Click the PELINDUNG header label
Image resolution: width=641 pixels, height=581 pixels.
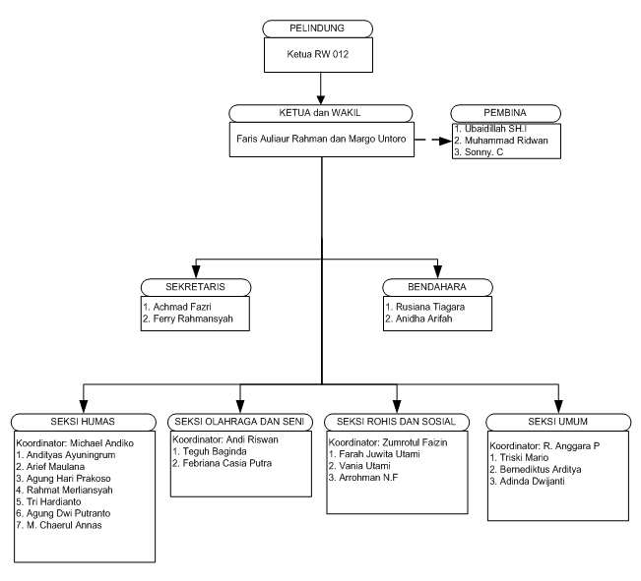317,29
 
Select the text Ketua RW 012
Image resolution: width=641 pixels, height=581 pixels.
318,54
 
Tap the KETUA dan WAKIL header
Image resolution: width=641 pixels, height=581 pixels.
320,113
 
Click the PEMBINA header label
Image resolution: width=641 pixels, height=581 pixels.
505,113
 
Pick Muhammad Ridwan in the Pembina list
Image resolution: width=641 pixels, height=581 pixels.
506,141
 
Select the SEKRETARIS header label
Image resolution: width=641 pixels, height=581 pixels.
195,287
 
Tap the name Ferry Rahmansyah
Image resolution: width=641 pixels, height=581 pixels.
193,319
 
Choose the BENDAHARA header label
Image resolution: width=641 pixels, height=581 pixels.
437,287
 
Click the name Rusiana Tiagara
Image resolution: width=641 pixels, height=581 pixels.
430,307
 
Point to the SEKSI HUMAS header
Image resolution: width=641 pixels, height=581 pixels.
83,422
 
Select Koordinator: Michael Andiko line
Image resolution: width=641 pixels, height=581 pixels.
75,443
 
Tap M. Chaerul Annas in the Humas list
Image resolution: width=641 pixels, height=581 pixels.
64,525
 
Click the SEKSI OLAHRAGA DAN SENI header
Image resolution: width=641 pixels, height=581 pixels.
239,422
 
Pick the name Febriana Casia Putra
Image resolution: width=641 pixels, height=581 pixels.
227,463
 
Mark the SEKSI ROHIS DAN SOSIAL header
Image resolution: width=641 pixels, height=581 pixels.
396,422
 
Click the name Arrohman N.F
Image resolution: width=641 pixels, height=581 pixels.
368,478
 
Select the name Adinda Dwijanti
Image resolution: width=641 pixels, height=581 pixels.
533,482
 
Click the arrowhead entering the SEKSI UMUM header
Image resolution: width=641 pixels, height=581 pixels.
558,407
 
